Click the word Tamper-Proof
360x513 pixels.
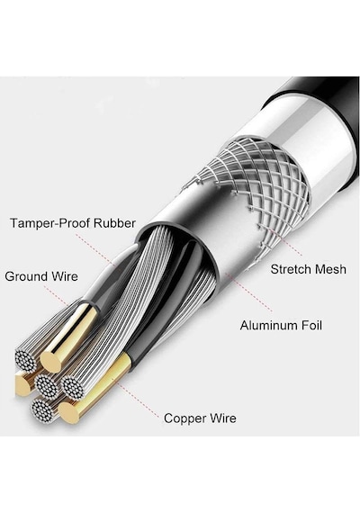[x=50, y=223]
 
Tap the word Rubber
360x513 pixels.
[x=114, y=223]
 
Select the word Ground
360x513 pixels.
[x=26, y=276]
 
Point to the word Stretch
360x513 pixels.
[x=291, y=269]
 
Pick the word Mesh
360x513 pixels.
[x=330, y=269]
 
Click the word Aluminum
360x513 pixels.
[x=266, y=326]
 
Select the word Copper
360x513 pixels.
[x=185, y=418]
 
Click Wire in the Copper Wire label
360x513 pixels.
[x=223, y=418]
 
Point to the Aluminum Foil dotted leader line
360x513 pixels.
[x=248, y=292]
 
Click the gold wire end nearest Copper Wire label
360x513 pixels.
[x=69, y=413]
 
